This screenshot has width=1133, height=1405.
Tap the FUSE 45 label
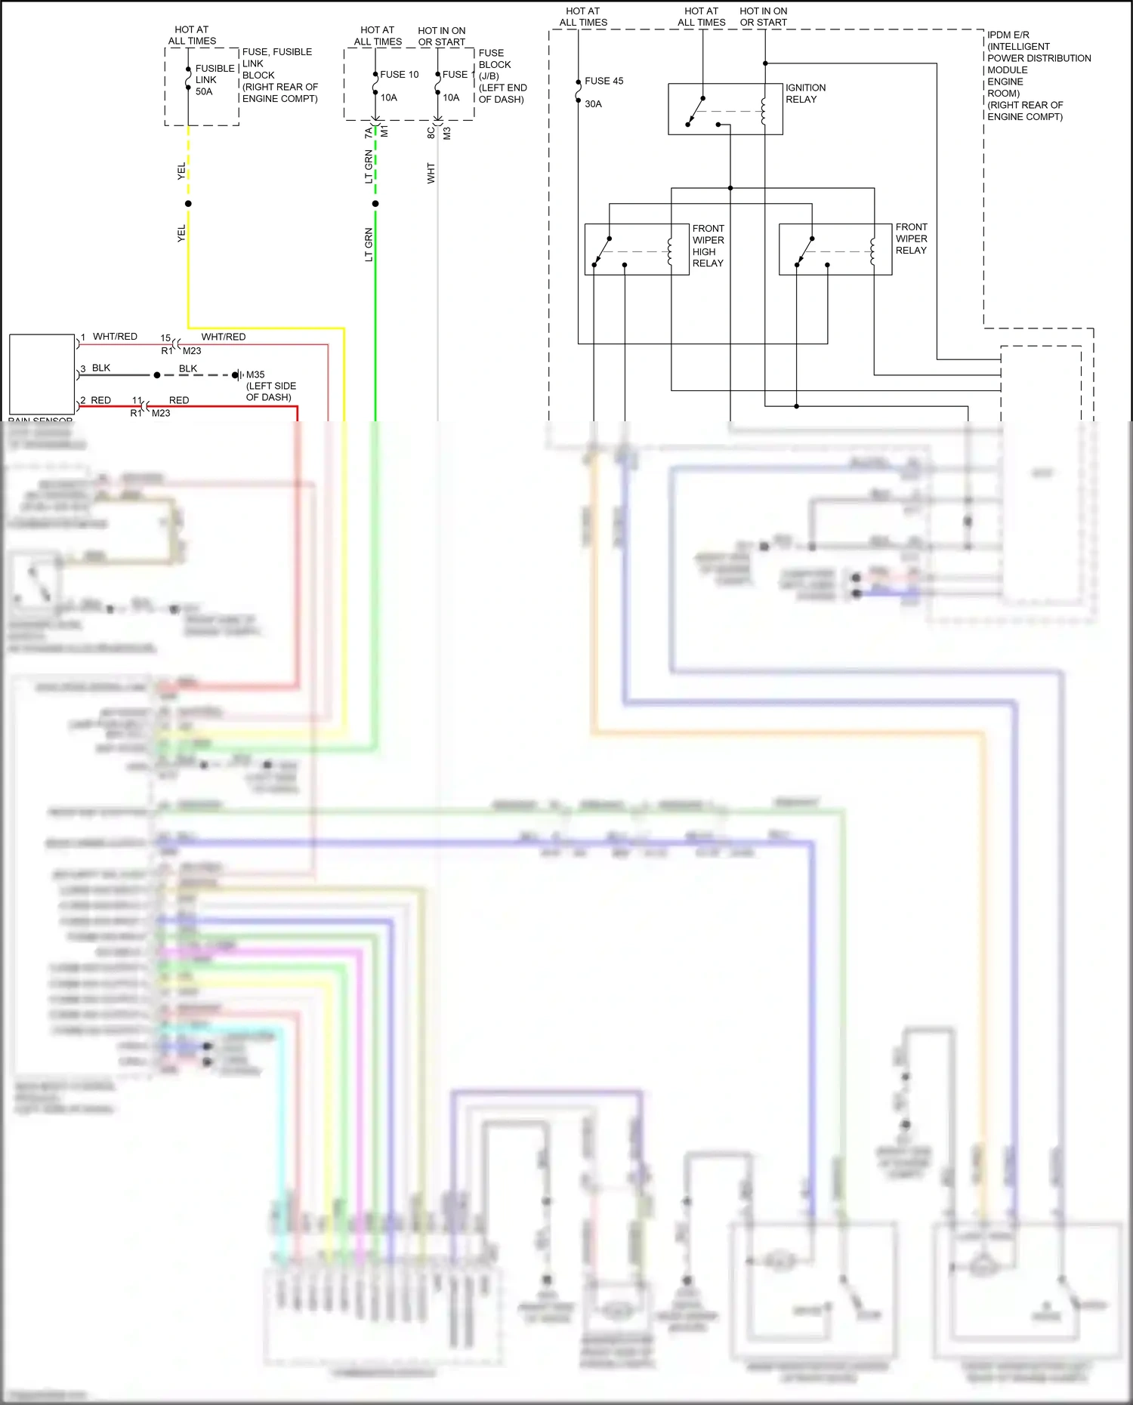click(x=604, y=81)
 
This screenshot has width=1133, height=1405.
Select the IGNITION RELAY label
click(x=805, y=94)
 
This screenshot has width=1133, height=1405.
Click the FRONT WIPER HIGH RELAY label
click(x=708, y=245)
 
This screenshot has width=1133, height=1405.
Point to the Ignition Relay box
click(x=725, y=109)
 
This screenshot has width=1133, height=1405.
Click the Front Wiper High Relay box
click(x=636, y=249)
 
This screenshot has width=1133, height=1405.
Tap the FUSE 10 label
click(x=399, y=75)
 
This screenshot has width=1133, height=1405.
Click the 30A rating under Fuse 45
click(x=593, y=104)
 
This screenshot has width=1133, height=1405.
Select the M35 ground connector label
click(x=255, y=374)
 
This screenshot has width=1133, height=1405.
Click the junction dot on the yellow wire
click(x=188, y=204)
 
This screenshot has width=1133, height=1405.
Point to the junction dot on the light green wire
click(x=375, y=204)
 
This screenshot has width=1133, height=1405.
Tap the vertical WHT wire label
click(x=431, y=173)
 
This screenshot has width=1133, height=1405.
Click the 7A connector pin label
click(x=369, y=133)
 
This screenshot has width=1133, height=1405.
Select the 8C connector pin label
click(x=431, y=133)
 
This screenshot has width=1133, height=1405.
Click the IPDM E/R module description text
click(x=1038, y=75)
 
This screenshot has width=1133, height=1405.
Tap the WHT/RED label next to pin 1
click(x=115, y=337)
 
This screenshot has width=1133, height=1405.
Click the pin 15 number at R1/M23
click(x=165, y=338)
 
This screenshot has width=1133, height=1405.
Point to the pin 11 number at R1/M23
click(x=137, y=401)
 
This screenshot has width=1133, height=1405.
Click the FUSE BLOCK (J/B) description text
click(x=502, y=76)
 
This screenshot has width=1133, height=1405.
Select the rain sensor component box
click(x=42, y=374)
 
